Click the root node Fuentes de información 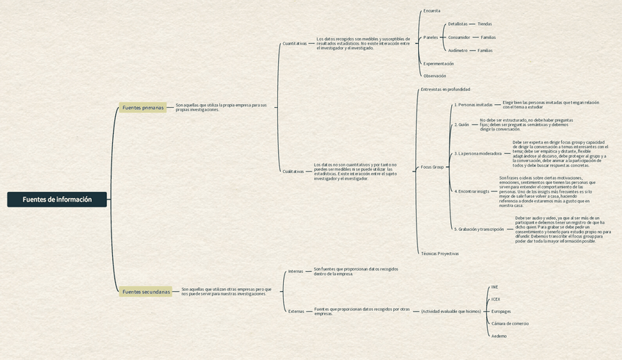(57, 199)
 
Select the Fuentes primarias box (143, 108)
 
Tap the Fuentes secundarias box (146, 292)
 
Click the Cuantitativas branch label (295, 43)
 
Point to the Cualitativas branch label (293, 172)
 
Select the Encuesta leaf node (431, 11)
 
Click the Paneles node (431, 37)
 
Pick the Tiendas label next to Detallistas (485, 24)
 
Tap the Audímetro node (458, 51)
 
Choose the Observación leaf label (434, 76)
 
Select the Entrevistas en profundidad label (445, 89)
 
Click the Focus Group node (432, 167)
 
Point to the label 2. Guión (461, 125)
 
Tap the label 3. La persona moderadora (478, 154)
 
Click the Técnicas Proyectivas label (439, 254)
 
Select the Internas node (296, 271)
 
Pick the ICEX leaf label (496, 299)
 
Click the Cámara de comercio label (510, 323)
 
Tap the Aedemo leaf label (499, 336)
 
